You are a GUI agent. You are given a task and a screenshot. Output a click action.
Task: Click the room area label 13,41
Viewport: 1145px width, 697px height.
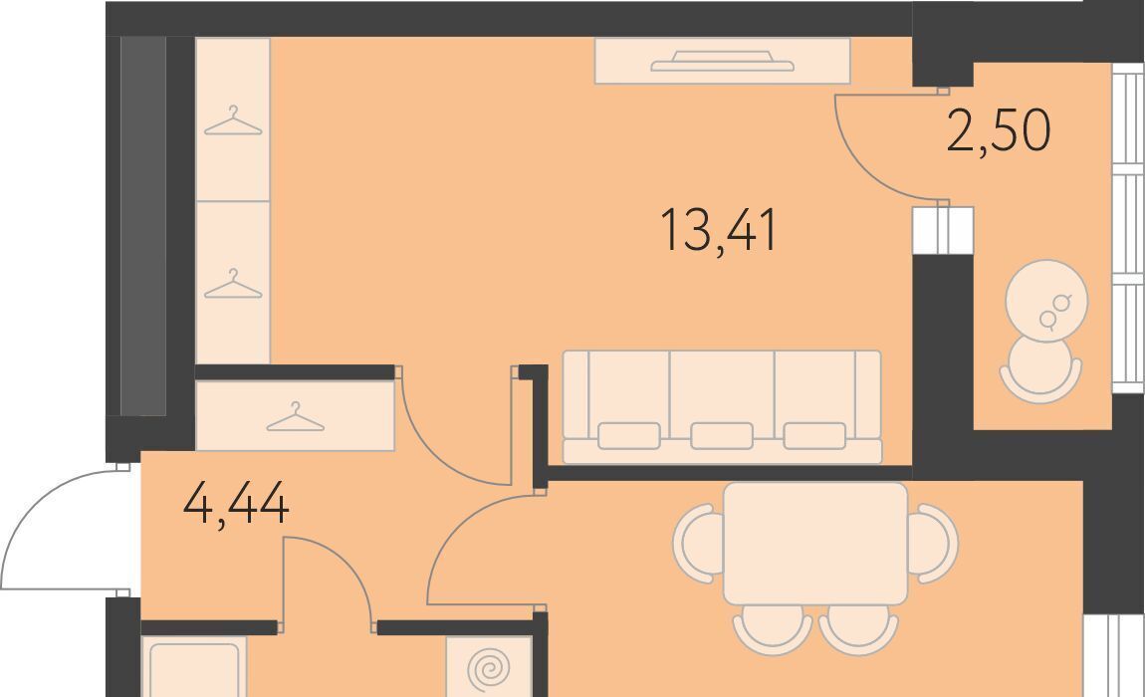(x=719, y=231)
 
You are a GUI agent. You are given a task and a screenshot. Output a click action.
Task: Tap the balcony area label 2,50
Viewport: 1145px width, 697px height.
(x=999, y=131)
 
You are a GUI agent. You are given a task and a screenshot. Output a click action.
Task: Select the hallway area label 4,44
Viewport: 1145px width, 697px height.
(x=236, y=504)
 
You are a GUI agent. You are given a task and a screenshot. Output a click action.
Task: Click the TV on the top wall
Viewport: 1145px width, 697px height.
(x=722, y=62)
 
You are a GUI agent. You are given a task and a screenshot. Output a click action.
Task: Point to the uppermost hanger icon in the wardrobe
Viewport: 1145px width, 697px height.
(x=233, y=121)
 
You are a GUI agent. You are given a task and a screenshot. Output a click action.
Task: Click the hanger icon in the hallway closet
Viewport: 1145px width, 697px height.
(x=295, y=417)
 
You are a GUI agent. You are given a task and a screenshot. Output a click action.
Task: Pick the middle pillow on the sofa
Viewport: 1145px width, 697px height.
(x=722, y=436)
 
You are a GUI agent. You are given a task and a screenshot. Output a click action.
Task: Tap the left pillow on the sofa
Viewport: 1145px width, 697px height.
(x=628, y=436)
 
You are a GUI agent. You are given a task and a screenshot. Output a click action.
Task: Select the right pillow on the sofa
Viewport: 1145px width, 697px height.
(x=814, y=436)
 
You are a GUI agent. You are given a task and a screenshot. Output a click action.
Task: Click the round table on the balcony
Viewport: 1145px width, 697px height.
(x=1046, y=301)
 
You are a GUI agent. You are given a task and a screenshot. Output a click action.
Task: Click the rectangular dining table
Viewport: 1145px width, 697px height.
(x=814, y=543)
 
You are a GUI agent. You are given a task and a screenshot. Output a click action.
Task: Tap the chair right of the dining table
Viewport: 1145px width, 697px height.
(x=933, y=543)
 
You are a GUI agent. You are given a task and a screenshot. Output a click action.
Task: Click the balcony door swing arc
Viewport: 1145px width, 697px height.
(x=866, y=166)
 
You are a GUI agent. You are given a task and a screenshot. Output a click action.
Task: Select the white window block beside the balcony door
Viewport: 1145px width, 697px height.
(x=943, y=230)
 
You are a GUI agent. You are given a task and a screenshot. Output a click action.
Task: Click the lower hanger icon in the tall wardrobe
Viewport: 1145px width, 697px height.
(x=233, y=284)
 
